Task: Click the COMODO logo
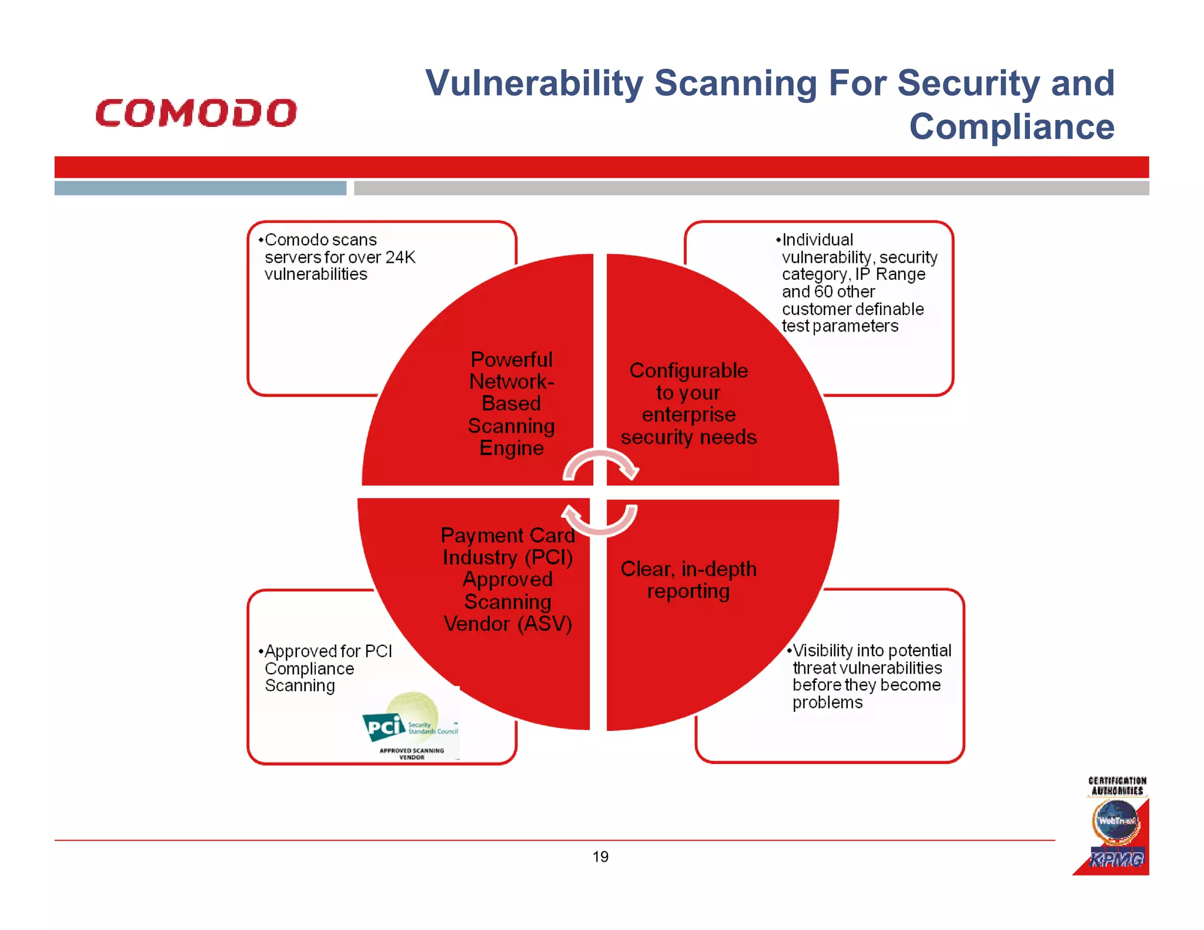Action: click(196, 113)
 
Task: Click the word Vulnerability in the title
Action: click(534, 83)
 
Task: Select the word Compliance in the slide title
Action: click(1011, 126)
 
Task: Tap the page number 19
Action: click(600, 857)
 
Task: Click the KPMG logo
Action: click(1116, 859)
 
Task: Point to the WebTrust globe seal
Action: click(1115, 821)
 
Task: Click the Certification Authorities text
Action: click(1117, 786)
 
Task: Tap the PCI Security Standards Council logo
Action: click(410, 722)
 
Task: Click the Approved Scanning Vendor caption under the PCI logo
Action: click(412, 754)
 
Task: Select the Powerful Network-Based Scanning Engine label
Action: click(511, 403)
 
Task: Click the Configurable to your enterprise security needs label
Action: click(688, 404)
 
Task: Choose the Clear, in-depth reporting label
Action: click(688, 580)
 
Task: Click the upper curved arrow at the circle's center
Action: click(601, 463)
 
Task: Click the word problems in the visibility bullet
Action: click(827, 702)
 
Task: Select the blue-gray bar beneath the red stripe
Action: click(200, 188)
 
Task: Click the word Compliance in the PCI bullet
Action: click(309, 669)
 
